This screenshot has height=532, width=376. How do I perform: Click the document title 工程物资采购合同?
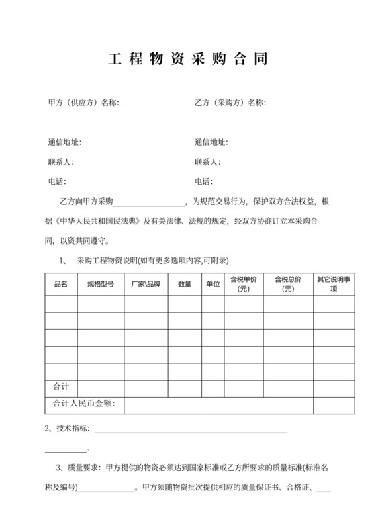[188, 59]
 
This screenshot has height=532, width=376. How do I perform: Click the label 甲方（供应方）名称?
[83, 103]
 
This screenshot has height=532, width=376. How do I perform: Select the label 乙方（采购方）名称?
[230, 103]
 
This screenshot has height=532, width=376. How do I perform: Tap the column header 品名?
[60, 285]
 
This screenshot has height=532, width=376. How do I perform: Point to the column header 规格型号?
[100, 285]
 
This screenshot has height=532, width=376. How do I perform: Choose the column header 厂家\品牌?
[146, 285]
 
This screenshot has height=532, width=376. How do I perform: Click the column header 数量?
[185, 285]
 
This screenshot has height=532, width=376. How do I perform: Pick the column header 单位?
[213, 285]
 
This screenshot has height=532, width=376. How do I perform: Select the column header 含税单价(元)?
[243, 284]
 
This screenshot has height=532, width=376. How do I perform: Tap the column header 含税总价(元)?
[287, 284]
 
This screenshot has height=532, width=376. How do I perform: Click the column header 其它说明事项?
[334, 284]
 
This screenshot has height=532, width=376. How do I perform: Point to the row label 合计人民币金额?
[84, 404]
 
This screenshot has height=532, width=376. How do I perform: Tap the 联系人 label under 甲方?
[60, 162]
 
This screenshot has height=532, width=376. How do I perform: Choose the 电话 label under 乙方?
[203, 181]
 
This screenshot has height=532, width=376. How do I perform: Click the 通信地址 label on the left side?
[64, 142]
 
